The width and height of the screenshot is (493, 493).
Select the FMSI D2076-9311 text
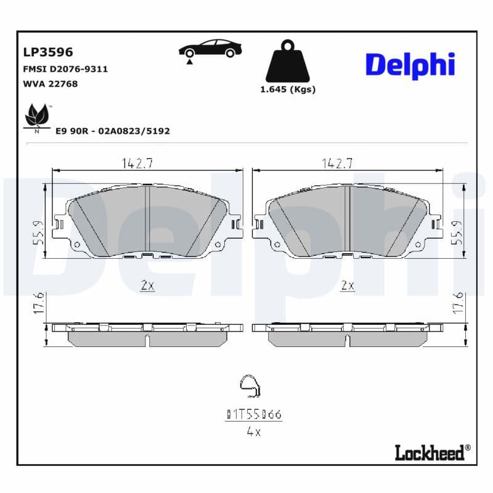pos(65,69)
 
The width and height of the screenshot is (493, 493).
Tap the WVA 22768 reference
pos(50,84)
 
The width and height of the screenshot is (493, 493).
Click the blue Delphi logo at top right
pos(410,65)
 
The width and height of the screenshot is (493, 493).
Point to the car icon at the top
pos(210,49)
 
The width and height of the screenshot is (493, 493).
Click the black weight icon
pos(288,62)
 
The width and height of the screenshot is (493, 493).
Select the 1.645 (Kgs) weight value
pos(288,89)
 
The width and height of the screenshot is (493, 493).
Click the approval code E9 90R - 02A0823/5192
pos(112,131)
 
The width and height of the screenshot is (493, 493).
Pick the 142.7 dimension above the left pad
pos(137,163)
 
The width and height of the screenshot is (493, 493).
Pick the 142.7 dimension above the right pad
pos(337,163)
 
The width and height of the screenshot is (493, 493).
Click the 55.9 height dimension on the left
pos(38,233)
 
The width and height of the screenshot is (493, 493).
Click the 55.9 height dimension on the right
pos(457,233)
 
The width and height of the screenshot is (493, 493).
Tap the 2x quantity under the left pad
pos(147,285)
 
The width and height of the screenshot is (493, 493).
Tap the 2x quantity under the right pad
pos(348,285)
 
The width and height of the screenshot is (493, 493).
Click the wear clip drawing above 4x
pos(250,387)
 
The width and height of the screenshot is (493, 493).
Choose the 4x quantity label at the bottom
pos(253,432)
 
